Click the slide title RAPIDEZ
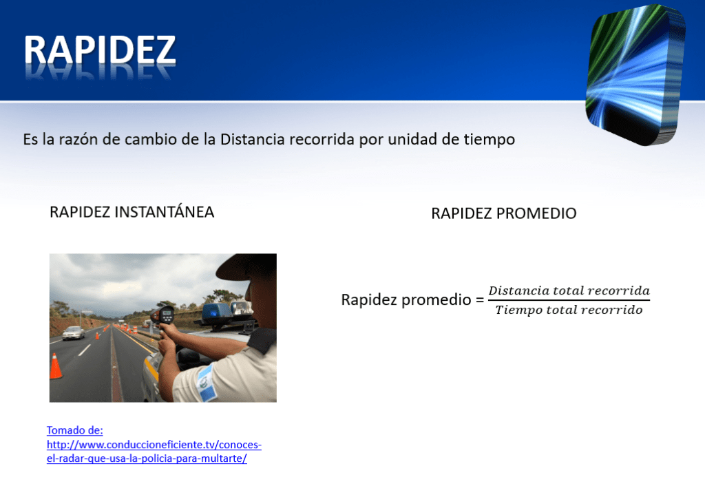coord(100,50)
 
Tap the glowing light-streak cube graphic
coord(635,74)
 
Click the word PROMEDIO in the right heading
coord(536,213)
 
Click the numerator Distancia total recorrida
coord(569,290)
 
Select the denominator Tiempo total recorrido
coord(569,310)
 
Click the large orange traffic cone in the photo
coord(55,366)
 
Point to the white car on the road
coord(73,332)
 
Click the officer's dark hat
coord(247,266)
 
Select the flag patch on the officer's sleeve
coord(207,383)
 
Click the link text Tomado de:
coord(74,430)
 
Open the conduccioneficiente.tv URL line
coord(154,445)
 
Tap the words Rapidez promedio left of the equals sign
coord(406,300)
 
